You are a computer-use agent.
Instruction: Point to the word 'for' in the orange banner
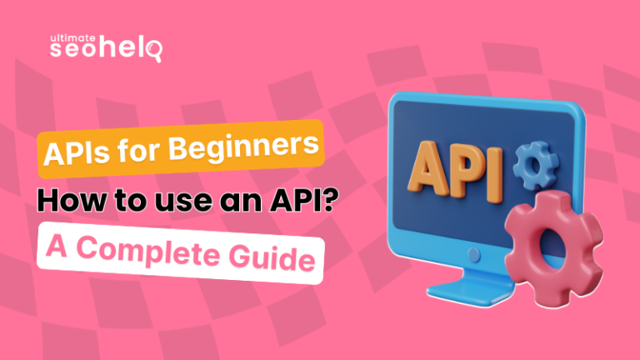[140, 152]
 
